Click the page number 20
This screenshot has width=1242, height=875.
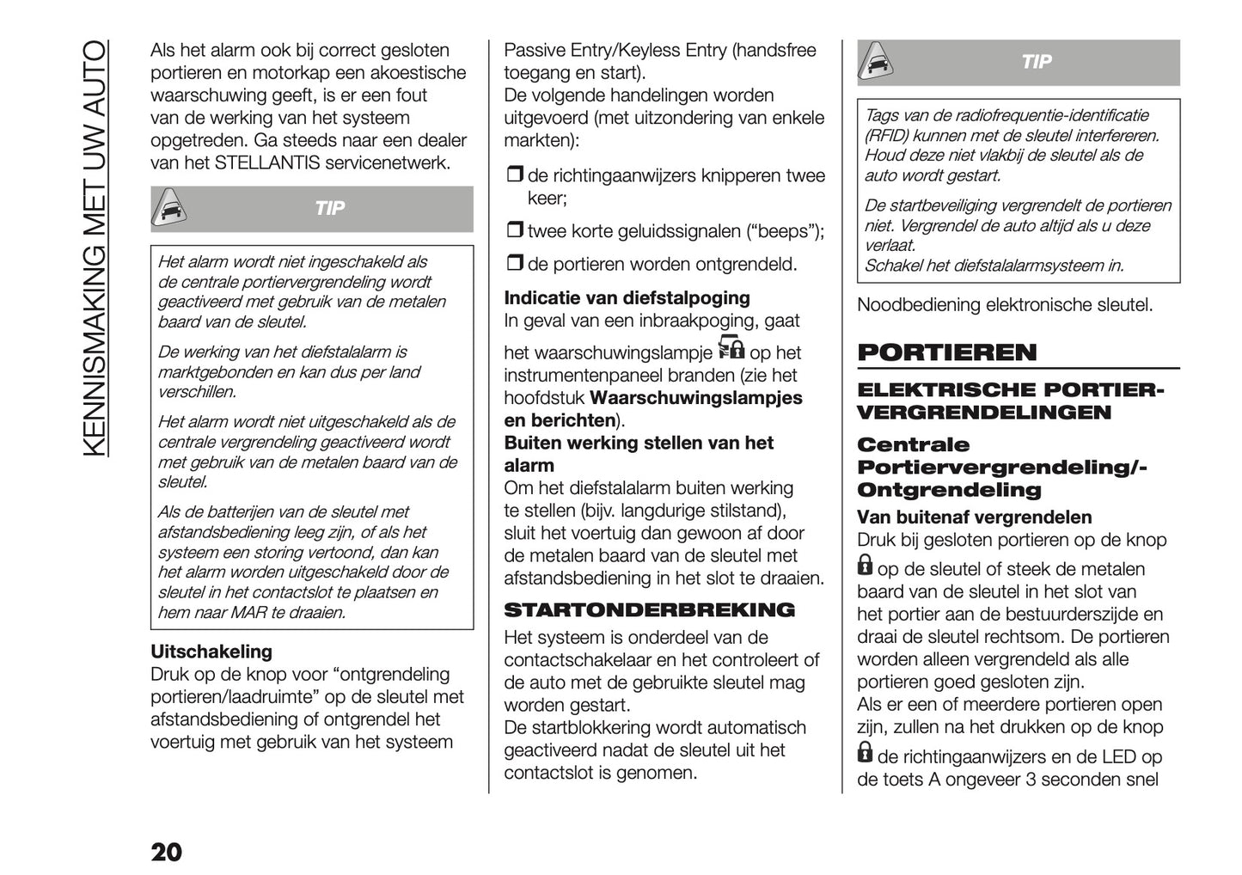coord(166,852)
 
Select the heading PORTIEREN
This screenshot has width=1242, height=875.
coord(946,352)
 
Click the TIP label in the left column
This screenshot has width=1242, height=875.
coord(329,209)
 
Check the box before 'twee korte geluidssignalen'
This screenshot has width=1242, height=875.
coord(514,230)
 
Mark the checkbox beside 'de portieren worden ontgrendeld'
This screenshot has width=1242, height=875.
coord(514,264)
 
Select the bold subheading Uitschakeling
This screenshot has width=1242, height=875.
coord(211,652)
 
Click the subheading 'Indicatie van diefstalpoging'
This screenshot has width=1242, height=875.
coord(627,298)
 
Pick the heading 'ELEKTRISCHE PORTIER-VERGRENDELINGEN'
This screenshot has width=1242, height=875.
coord(1009,401)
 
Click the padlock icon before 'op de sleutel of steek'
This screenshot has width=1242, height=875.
coord(865,566)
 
